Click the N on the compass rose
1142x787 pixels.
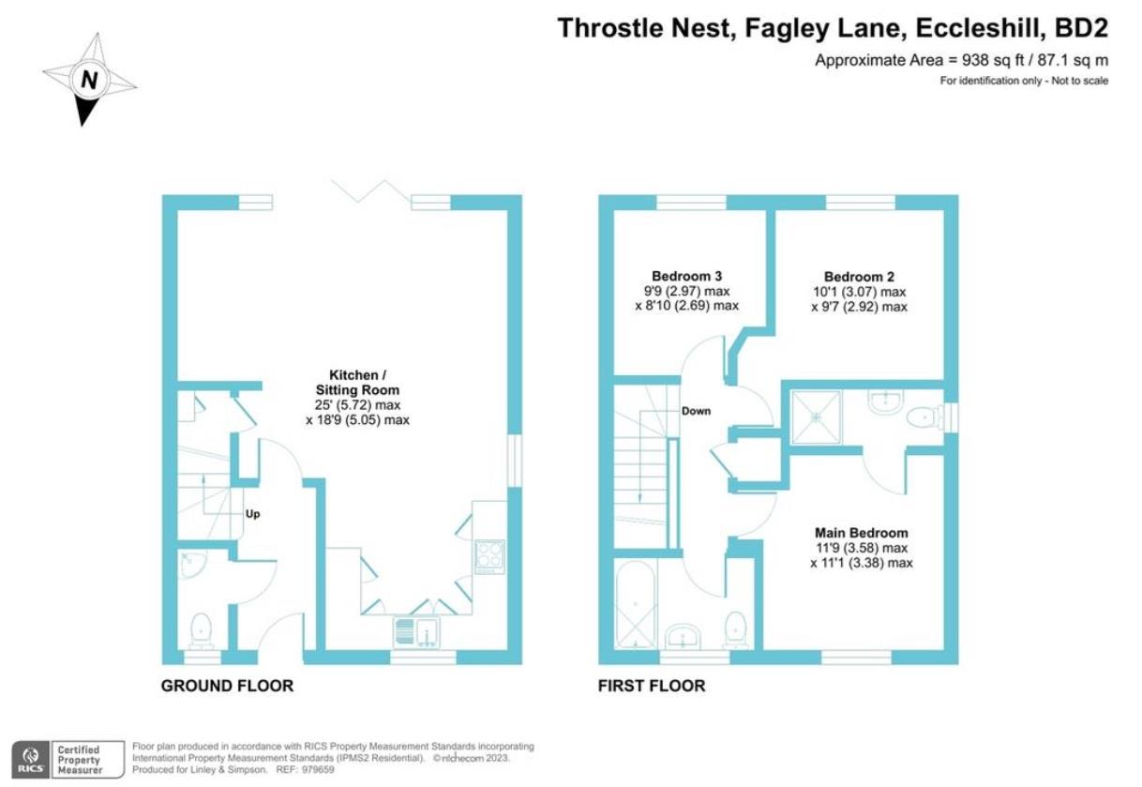[89, 81]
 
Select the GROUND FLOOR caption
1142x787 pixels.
[227, 686]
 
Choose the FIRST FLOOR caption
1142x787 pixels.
[652, 686]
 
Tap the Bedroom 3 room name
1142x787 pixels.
[686, 277]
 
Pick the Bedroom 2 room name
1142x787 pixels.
[859, 277]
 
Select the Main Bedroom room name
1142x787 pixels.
[861, 533]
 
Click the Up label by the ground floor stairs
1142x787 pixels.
[252, 514]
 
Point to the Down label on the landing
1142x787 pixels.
[696, 411]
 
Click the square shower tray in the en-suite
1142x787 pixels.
[818, 416]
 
